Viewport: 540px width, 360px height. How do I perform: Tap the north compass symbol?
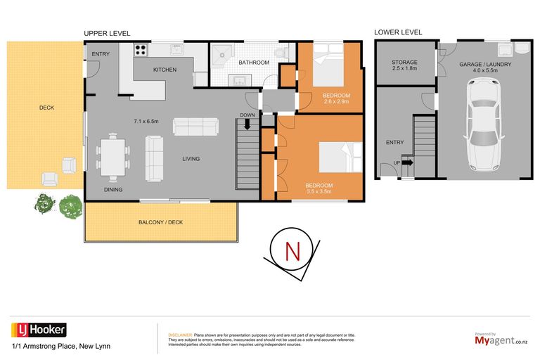[x=290, y=251]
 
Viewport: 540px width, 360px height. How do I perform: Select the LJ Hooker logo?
[x=39, y=329]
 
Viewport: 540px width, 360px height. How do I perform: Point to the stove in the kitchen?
[x=140, y=50]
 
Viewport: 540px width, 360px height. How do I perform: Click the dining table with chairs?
[x=113, y=155]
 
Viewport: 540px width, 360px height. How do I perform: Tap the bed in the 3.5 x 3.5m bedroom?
[x=340, y=156]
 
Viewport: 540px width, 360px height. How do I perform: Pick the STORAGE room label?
[x=404, y=63]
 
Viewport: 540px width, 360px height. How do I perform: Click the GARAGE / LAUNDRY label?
[x=485, y=65]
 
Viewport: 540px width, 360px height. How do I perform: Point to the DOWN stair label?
[x=247, y=115]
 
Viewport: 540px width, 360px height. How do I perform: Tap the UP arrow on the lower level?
[x=406, y=162]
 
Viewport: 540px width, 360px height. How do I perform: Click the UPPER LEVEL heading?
[x=107, y=32]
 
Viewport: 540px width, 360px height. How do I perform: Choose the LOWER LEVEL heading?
[x=398, y=32]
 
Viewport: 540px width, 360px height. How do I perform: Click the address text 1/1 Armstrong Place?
[x=60, y=346]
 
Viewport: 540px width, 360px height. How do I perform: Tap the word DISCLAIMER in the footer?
[x=180, y=335]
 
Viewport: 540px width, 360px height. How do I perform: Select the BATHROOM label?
[x=253, y=63]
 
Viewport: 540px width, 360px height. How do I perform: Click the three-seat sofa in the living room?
[x=195, y=127]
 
